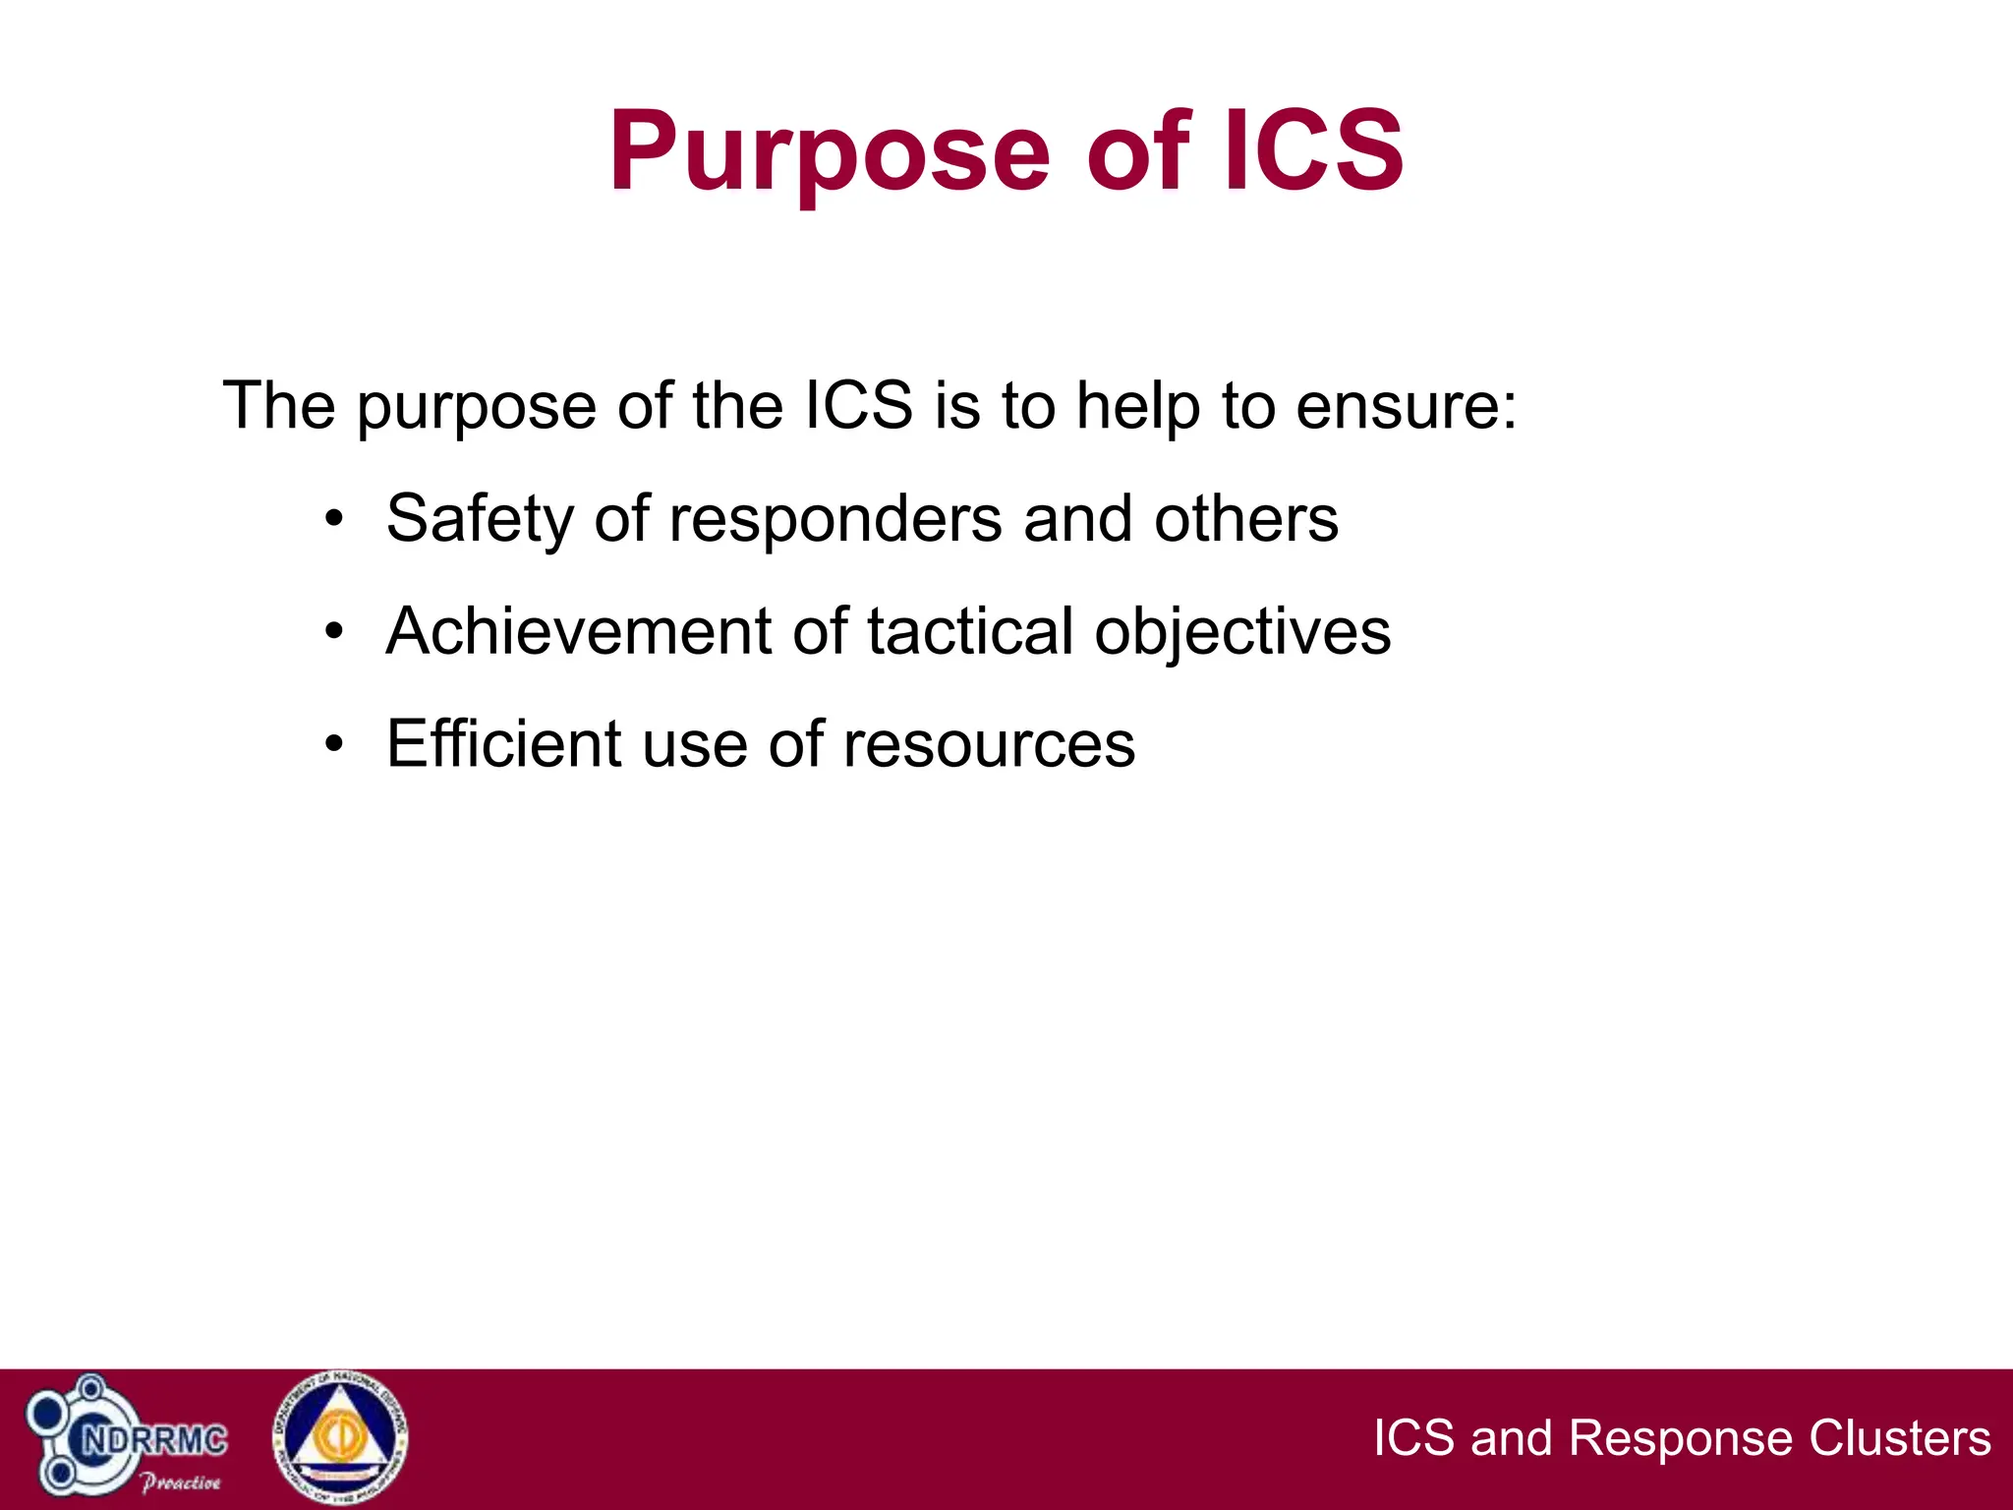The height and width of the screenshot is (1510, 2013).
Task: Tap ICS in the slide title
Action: tap(1313, 152)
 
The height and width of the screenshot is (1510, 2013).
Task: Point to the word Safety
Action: tap(480, 519)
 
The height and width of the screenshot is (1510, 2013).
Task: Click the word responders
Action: tap(834, 519)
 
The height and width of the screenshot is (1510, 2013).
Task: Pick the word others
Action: tap(1245, 519)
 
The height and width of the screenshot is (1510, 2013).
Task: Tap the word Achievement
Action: tap(579, 631)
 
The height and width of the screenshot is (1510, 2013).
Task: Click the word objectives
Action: tap(1242, 631)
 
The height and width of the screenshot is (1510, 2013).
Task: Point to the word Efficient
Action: tap(503, 744)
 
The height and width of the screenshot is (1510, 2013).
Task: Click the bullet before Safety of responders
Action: tap(335, 519)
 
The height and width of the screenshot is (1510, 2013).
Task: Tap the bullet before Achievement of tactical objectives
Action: tap(335, 631)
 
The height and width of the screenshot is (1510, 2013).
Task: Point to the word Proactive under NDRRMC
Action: tap(181, 1482)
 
